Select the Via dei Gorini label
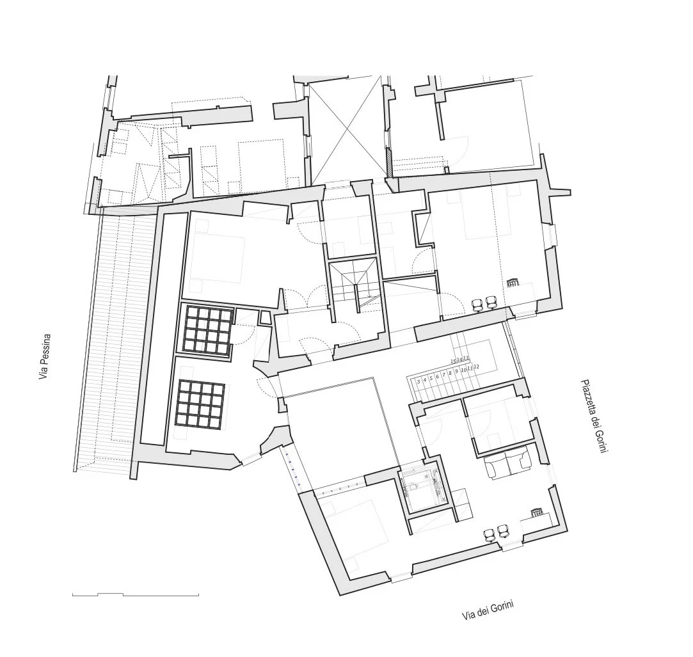489,611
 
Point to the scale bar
135,595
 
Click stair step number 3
418,380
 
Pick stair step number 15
453,361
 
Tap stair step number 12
477,367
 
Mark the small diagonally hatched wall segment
389,162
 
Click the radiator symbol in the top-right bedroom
513,281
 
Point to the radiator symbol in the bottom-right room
537,512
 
